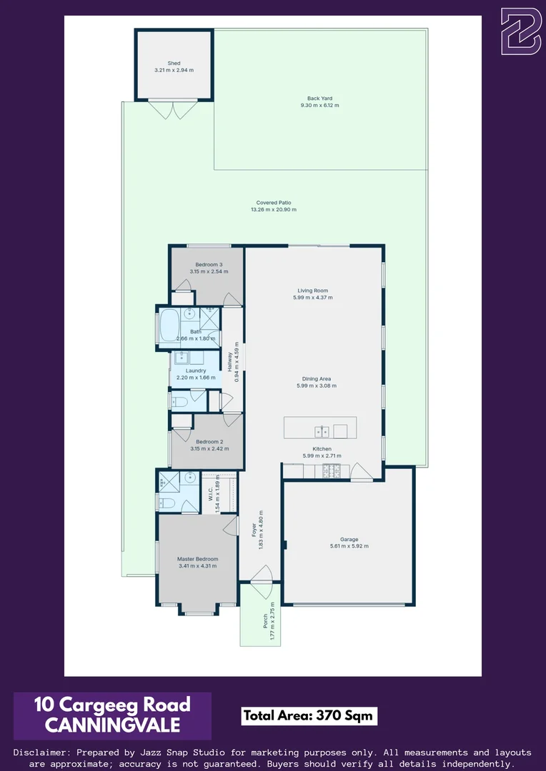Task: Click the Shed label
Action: point(174,63)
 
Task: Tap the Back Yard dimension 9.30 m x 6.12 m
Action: point(319,106)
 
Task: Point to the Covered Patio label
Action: point(273,202)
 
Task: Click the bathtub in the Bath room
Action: point(172,325)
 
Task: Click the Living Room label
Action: point(312,291)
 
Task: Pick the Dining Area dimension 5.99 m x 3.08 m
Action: point(316,386)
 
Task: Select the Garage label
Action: point(349,539)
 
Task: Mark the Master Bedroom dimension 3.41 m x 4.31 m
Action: point(197,566)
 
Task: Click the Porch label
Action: point(265,618)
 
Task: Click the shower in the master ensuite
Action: point(168,481)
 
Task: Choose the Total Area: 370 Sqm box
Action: point(309,716)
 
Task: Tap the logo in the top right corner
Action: point(520,31)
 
